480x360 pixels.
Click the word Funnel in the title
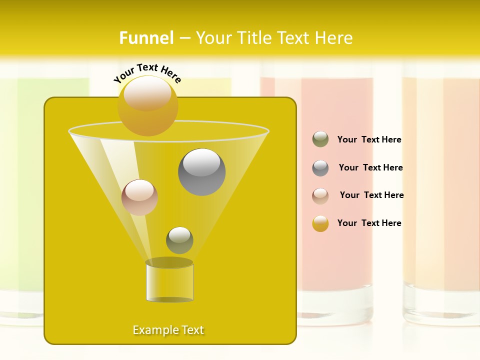[x=146, y=38]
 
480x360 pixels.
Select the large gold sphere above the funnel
[x=147, y=106]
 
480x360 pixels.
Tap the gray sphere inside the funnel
[x=201, y=172]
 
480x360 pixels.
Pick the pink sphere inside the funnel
[x=139, y=197]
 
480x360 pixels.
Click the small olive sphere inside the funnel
[x=179, y=240]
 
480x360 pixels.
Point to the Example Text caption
[x=168, y=330]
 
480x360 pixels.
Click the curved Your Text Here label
[x=147, y=72]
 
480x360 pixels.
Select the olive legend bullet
[x=320, y=139]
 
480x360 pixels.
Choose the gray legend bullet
[x=320, y=168]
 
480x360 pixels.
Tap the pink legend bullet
[x=320, y=196]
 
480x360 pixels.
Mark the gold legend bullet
[x=320, y=223]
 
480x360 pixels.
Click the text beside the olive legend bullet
[x=369, y=140]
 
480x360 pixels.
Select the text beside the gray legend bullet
[x=370, y=168]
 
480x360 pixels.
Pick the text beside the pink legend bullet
[x=371, y=195]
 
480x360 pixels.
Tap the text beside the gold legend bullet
[x=369, y=223]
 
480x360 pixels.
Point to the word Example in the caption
[x=154, y=330]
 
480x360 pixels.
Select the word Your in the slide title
[x=212, y=38]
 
